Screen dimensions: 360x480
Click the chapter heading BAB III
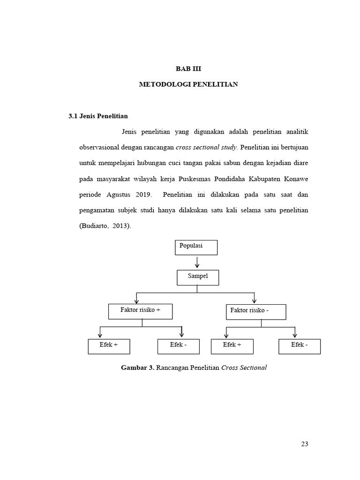(x=188, y=68)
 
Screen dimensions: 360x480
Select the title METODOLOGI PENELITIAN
(x=188, y=84)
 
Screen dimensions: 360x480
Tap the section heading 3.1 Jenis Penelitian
(x=98, y=115)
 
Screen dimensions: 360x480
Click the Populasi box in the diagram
(x=196, y=247)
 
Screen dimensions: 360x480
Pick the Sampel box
(x=198, y=277)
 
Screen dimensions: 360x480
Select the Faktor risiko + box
(x=140, y=311)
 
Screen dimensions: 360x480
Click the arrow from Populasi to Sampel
(x=197, y=262)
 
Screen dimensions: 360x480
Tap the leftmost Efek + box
(x=109, y=346)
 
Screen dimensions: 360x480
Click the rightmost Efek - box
(x=300, y=346)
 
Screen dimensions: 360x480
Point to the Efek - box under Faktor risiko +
(x=179, y=346)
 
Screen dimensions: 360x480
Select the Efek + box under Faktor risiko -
(x=232, y=346)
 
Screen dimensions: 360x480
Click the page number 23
(x=305, y=444)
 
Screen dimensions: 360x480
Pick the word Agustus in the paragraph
(x=114, y=195)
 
